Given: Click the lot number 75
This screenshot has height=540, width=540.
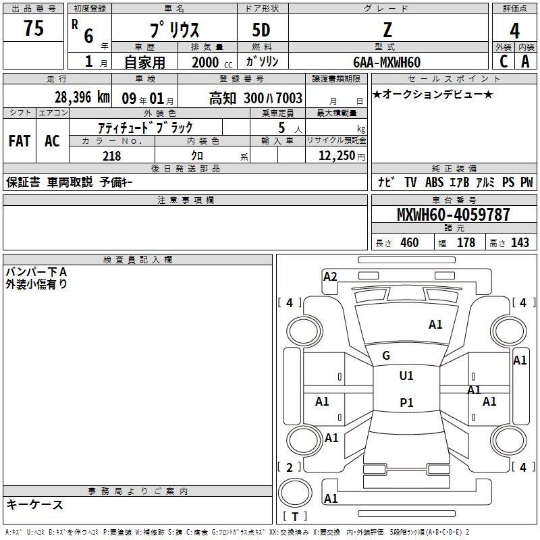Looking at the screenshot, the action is [x=33, y=28].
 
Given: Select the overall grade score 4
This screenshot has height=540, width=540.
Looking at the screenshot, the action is [x=514, y=31].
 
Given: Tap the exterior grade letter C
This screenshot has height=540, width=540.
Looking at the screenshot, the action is [x=504, y=61].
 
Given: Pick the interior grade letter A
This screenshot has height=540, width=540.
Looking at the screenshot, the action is [x=525, y=61].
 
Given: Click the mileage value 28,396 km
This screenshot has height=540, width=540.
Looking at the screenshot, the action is [x=82, y=97].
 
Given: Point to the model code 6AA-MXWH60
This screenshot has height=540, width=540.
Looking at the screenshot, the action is [x=387, y=62].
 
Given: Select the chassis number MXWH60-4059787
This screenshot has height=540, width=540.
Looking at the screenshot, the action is [x=453, y=214].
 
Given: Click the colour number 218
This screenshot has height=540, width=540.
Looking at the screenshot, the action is [x=111, y=156].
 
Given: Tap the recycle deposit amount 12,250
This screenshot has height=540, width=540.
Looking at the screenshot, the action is [x=337, y=155].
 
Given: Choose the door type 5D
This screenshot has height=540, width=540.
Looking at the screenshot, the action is [x=261, y=30].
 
